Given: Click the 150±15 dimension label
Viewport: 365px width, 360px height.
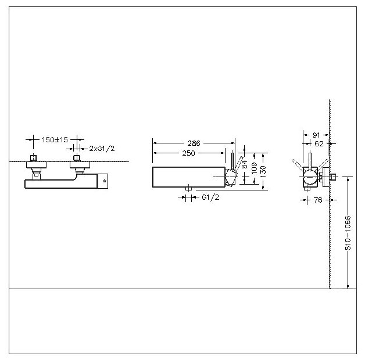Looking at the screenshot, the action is pyautogui.click(x=55, y=140).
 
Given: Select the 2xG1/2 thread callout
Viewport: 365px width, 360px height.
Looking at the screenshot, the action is pyautogui.click(x=102, y=149).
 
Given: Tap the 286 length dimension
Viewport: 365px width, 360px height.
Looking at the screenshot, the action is pyautogui.click(x=194, y=143).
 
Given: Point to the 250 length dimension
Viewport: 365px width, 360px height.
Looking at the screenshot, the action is pyautogui.click(x=188, y=153).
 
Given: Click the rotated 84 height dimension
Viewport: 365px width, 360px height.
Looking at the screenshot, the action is pyautogui.click(x=245, y=164).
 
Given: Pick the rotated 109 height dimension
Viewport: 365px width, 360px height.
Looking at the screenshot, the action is pyautogui.click(x=255, y=168).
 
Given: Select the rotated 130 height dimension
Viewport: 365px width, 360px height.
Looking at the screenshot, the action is pyautogui.click(x=263, y=171).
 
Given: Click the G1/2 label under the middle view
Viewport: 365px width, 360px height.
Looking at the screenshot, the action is pyautogui.click(x=210, y=197).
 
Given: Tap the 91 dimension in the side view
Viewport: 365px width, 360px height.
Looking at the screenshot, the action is pyautogui.click(x=316, y=135).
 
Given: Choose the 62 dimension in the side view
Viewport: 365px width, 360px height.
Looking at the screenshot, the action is pyautogui.click(x=319, y=144).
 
